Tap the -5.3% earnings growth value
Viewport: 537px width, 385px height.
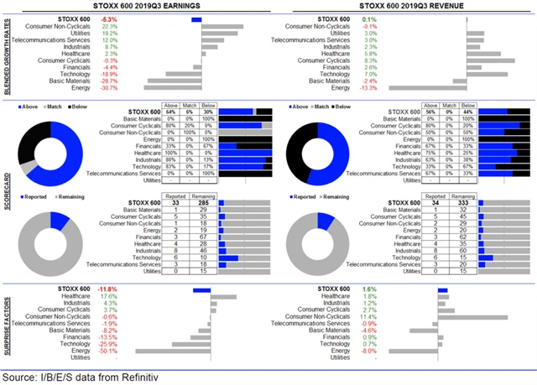(109, 18)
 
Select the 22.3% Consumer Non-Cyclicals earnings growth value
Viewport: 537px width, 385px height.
(109, 25)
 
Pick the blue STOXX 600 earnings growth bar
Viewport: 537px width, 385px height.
(196, 18)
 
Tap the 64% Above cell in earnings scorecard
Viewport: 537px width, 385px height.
(170, 112)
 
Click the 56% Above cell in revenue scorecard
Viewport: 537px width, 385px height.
(441, 112)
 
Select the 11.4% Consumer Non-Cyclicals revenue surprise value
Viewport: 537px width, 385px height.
(368, 316)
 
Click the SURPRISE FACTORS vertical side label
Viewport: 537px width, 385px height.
(6, 325)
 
